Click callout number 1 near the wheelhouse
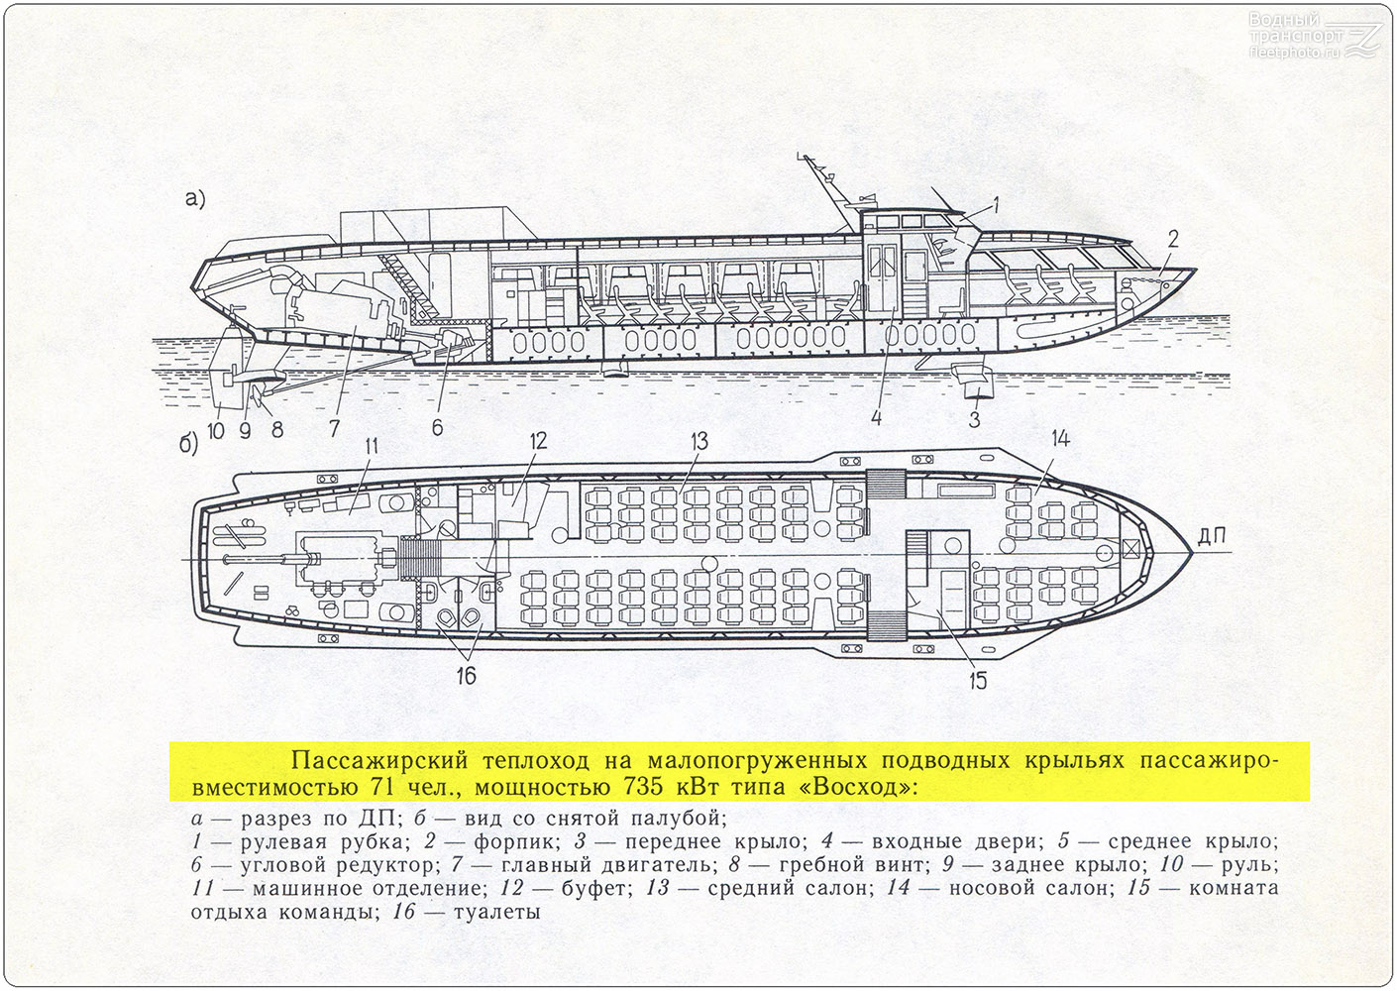[x=996, y=204]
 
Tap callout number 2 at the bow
[x=1172, y=239]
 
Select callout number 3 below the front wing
[x=974, y=419]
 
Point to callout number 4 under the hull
[x=876, y=418]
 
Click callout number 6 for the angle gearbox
[x=437, y=427]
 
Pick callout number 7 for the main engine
[x=334, y=428]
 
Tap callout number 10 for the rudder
[x=216, y=430]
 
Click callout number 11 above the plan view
[x=373, y=447]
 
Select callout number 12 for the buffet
[x=538, y=442]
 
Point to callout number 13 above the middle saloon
[x=699, y=442]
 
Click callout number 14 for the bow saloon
[x=1060, y=439]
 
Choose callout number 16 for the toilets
[x=467, y=676]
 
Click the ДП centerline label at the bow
[x=1212, y=536]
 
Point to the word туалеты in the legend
[x=496, y=913]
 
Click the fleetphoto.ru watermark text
[x=1294, y=53]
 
